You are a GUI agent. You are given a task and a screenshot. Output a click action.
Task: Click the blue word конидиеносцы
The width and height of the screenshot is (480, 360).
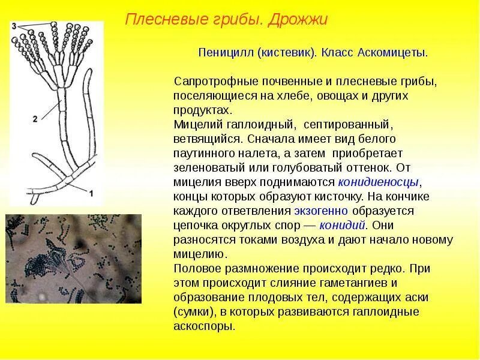[x=379, y=182]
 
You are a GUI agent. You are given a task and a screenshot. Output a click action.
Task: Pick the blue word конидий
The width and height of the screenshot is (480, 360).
[x=343, y=225]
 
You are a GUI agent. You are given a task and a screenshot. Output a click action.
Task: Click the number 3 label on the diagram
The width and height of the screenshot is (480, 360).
[x=13, y=26]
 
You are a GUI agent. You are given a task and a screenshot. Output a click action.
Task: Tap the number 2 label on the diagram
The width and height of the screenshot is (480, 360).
[x=35, y=119]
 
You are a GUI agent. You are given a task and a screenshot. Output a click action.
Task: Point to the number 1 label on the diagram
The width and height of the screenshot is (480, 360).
[x=92, y=193]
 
